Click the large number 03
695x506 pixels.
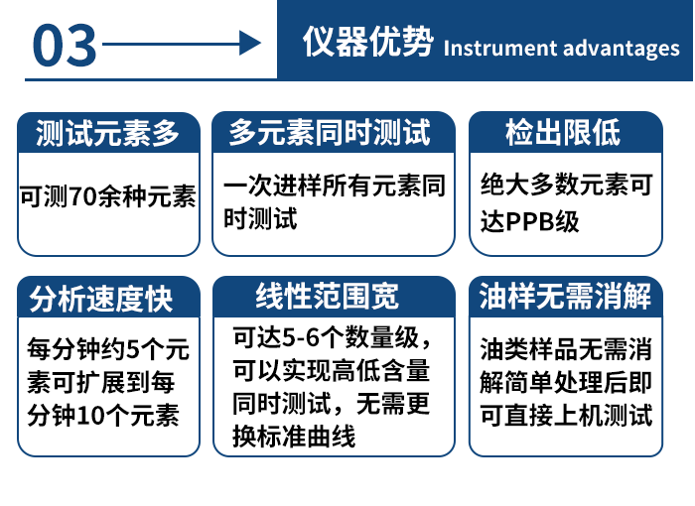tap(66, 45)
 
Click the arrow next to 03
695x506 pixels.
tap(181, 44)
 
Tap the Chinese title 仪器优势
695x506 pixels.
tap(367, 43)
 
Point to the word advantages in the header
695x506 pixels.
tap(622, 48)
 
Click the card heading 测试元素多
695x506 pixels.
tap(107, 131)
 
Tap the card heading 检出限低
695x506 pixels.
tap(563, 131)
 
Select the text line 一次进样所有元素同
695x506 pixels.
tap(335, 185)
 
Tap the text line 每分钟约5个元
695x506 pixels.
tap(108, 350)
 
